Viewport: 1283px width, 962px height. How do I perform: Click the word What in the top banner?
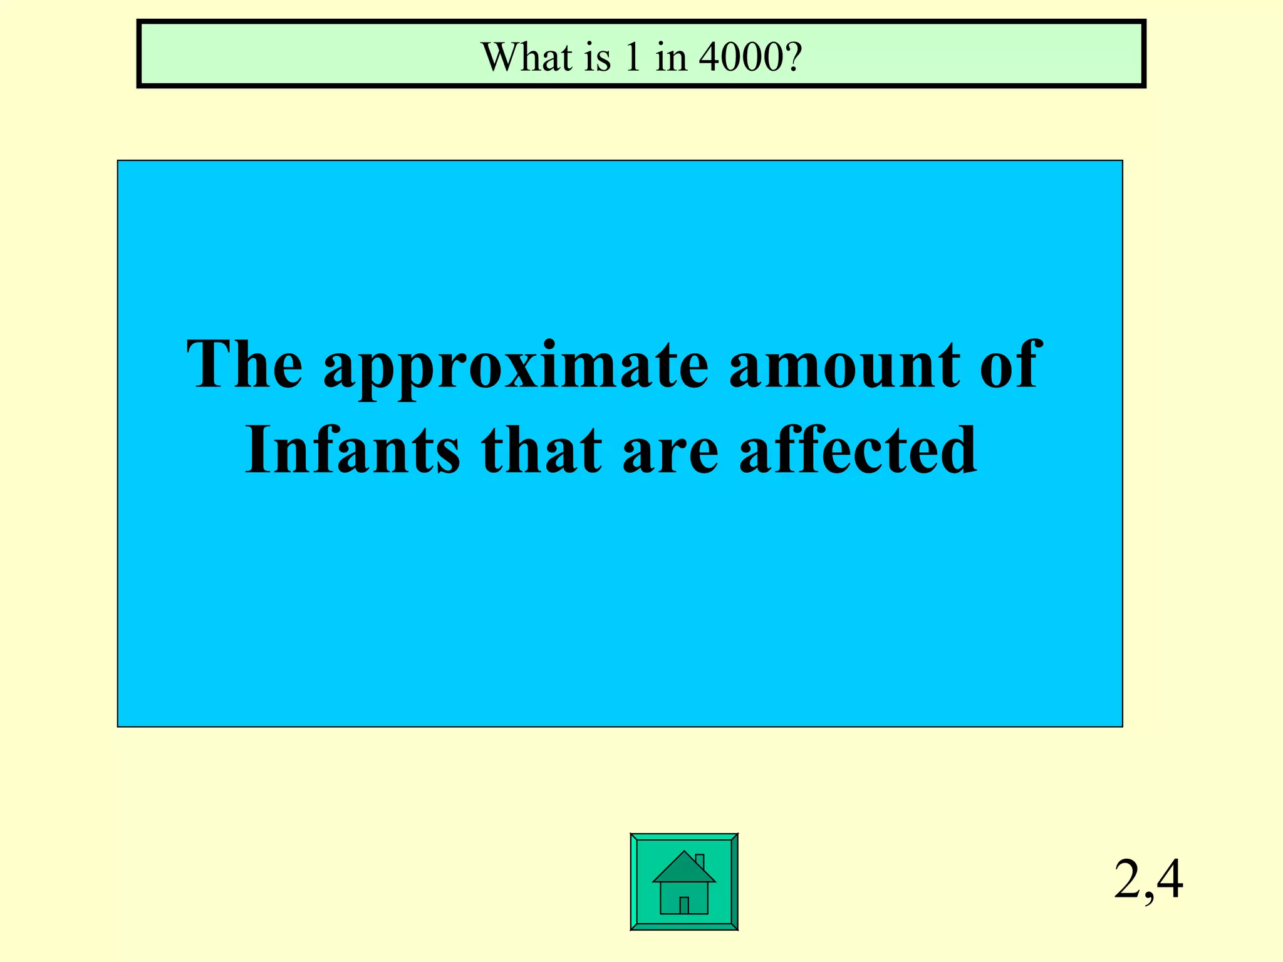526,57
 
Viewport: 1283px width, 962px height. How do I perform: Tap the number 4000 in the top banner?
740,57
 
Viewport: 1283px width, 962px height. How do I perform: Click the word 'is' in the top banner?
598,57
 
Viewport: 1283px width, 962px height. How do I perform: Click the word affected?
858,450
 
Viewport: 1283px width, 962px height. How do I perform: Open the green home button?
683,882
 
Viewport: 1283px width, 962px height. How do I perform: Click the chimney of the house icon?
700,862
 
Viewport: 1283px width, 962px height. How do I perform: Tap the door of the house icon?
684,905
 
